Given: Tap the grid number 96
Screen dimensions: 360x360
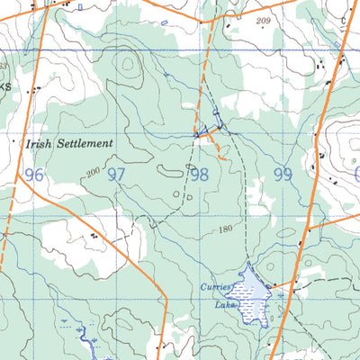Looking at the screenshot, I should click(x=34, y=174).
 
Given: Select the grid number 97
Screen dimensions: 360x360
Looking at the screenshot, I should click(x=116, y=174).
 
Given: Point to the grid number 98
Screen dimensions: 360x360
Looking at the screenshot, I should click(x=199, y=174).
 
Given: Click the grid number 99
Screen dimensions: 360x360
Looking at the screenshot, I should click(x=283, y=174).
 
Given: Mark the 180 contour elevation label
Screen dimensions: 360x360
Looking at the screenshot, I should click(x=225, y=230).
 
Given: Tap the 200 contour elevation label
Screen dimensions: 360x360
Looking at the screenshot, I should click(x=92, y=171).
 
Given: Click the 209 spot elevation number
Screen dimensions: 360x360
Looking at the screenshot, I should click(x=263, y=20).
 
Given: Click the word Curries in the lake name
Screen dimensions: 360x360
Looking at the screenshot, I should click(x=216, y=288).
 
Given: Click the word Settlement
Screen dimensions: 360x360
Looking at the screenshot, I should click(x=82, y=143).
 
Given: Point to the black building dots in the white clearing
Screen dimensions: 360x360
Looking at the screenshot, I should click(x=93, y=235).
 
